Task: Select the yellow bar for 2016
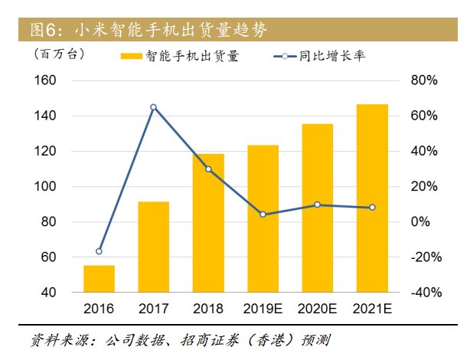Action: pos(99,279)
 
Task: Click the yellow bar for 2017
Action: pos(153,247)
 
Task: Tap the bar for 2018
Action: pos(208,223)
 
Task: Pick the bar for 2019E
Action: pos(263,218)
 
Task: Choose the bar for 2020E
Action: pos(317,208)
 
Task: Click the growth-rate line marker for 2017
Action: pos(153,107)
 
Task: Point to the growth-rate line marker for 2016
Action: pos(99,251)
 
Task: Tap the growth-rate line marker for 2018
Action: pos(208,169)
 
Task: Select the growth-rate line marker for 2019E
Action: pos(263,214)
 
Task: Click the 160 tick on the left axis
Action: pos(47,80)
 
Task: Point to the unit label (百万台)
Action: pos(60,54)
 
